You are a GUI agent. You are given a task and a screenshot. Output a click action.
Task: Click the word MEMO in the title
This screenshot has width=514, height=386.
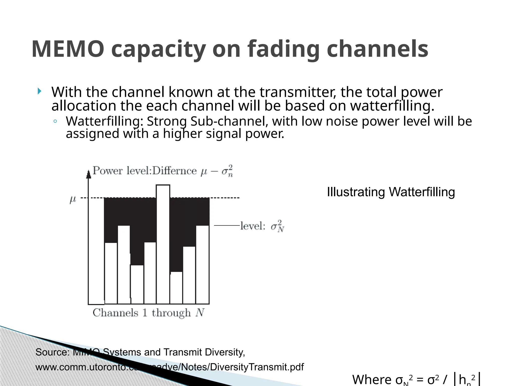68,49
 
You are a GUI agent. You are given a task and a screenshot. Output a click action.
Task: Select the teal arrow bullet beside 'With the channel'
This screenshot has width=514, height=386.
39,91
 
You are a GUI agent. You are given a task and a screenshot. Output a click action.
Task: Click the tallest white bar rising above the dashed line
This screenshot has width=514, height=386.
163,244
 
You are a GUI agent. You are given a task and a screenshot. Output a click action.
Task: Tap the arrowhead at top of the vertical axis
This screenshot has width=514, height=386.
88,174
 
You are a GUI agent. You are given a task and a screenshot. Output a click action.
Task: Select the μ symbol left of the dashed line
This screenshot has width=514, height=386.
73,200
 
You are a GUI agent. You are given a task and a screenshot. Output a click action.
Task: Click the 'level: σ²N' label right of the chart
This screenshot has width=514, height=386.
262,226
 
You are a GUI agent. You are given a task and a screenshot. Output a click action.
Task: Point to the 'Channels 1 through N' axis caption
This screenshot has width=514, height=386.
149,313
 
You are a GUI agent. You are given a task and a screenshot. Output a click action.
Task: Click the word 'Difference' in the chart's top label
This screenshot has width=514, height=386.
174,171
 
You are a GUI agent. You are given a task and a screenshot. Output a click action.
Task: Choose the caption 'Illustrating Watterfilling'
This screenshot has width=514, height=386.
391,192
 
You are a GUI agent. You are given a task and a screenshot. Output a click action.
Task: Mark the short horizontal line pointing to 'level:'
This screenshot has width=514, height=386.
226,226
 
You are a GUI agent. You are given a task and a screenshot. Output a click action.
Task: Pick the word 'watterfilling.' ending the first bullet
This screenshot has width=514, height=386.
392,106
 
